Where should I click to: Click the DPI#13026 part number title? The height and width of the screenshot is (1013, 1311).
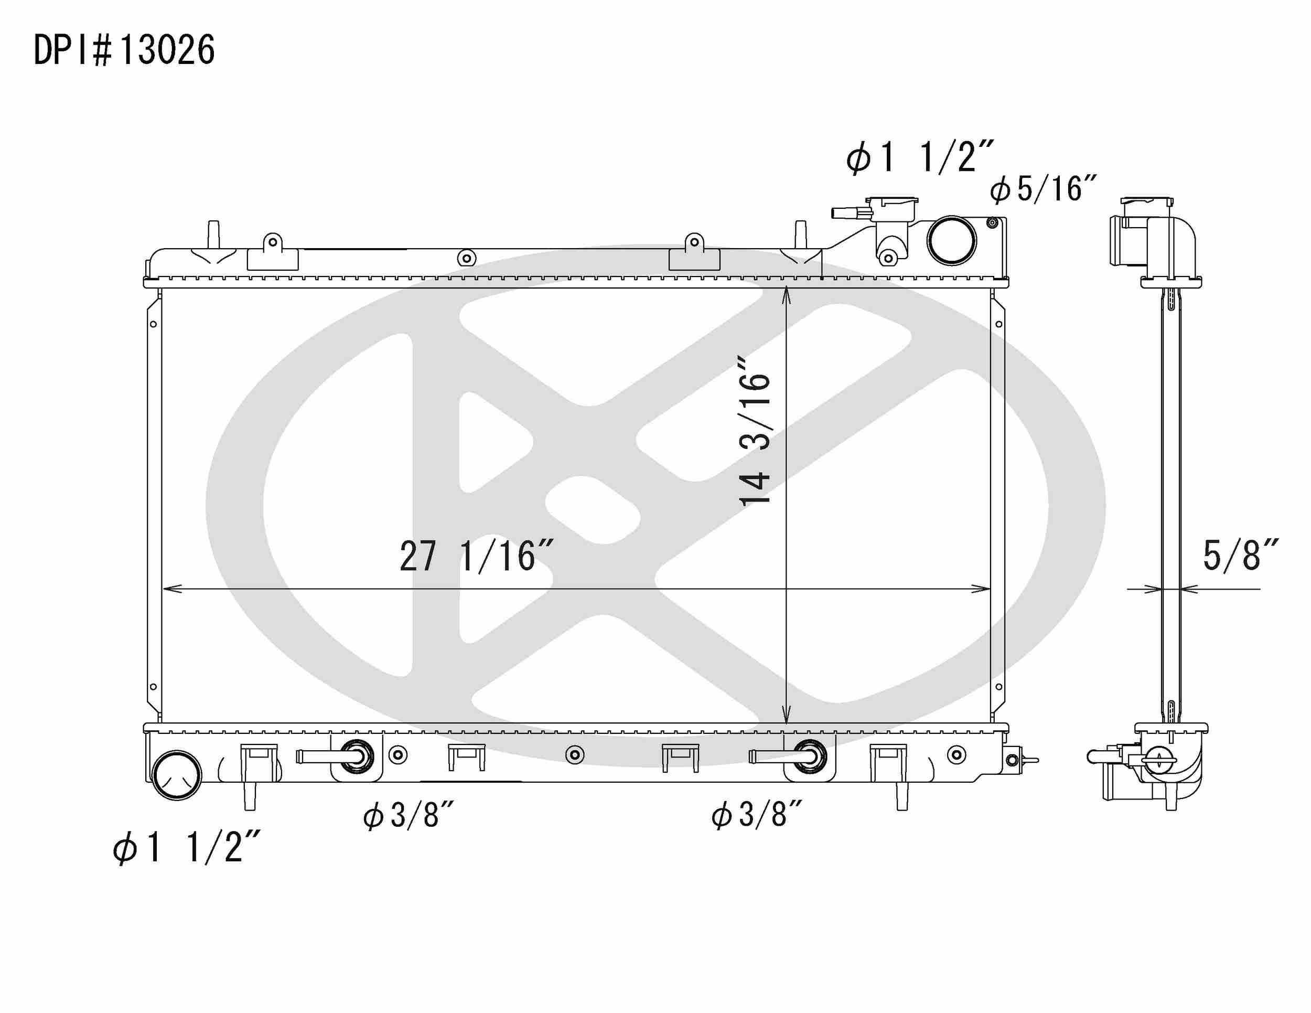click(x=124, y=50)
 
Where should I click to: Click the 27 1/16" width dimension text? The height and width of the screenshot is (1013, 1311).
click(x=476, y=557)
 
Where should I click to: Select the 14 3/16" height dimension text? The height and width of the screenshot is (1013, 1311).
click(x=755, y=431)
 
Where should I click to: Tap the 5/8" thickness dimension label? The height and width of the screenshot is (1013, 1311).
click(x=1240, y=556)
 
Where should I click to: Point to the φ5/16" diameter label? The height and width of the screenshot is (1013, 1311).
click(x=1043, y=189)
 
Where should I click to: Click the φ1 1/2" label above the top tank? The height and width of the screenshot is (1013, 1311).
click(x=920, y=158)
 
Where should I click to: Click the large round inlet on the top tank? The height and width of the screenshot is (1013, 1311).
click(x=951, y=240)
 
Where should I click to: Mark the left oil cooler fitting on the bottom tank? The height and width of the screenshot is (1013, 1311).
click(x=357, y=756)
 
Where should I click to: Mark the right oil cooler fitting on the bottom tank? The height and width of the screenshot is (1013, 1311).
click(x=810, y=756)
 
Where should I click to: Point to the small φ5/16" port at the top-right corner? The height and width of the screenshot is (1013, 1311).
click(x=993, y=223)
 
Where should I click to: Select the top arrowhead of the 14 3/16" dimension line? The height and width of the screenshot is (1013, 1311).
click(x=787, y=294)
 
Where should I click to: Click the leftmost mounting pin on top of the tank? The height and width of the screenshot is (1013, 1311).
click(x=213, y=234)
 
